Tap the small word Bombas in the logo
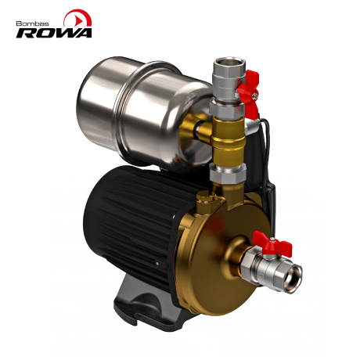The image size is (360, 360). coord(31,23)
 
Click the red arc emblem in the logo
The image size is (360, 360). coord(77,16)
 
